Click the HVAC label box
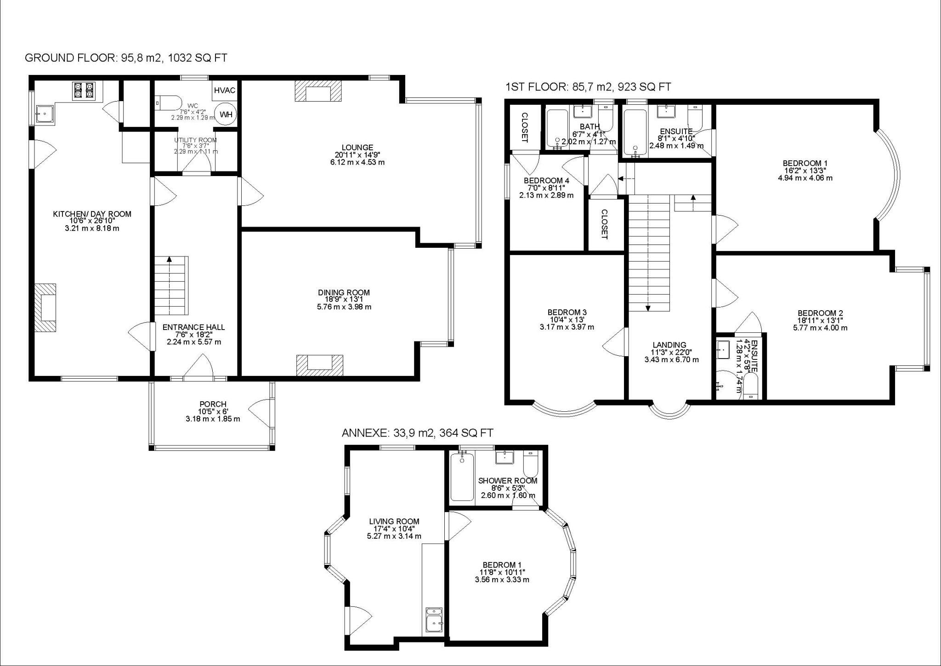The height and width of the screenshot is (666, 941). click(225, 91)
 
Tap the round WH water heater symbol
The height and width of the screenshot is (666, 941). click(226, 115)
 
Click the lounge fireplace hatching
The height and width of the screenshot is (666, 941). click(318, 91)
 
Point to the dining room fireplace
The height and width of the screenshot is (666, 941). click(319, 365)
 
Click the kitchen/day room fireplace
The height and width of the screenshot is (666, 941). click(45, 307)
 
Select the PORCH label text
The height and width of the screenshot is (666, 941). click(212, 404)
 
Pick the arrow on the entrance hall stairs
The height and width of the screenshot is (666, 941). click(169, 260)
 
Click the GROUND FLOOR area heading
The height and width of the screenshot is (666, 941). click(125, 58)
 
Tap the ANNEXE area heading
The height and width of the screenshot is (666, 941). click(417, 433)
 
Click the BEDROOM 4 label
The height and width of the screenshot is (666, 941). click(546, 181)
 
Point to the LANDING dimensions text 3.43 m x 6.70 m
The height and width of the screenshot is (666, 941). click(671, 359)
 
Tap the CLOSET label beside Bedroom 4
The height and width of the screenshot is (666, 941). click(605, 224)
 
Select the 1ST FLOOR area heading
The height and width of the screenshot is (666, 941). click(588, 87)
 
